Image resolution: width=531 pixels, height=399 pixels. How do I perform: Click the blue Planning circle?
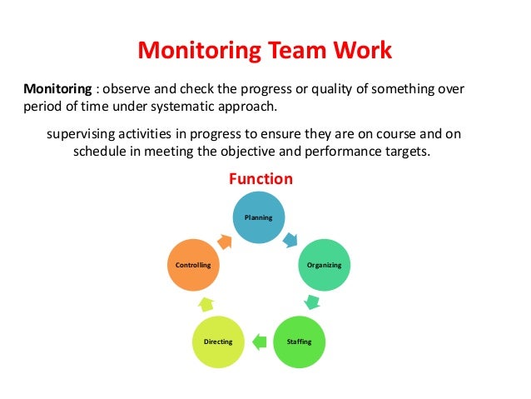point(258,217)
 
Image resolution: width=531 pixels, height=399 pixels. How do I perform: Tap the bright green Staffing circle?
point(299,342)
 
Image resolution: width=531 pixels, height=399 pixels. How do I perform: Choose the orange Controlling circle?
point(193,264)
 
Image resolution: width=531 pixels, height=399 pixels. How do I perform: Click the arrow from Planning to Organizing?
point(290,241)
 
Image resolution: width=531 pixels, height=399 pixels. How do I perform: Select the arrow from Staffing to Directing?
point(259,340)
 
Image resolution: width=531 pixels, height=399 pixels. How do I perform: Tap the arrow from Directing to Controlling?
point(206,302)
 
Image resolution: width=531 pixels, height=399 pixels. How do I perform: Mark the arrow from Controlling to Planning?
point(225,241)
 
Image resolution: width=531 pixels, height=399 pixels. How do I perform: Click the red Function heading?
point(261,179)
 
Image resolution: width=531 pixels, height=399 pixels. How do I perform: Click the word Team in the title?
point(293,52)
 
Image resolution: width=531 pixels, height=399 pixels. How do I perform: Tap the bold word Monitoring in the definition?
point(56,88)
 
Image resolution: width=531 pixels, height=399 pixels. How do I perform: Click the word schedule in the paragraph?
point(102,152)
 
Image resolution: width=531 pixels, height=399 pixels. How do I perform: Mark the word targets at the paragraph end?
point(409,152)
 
